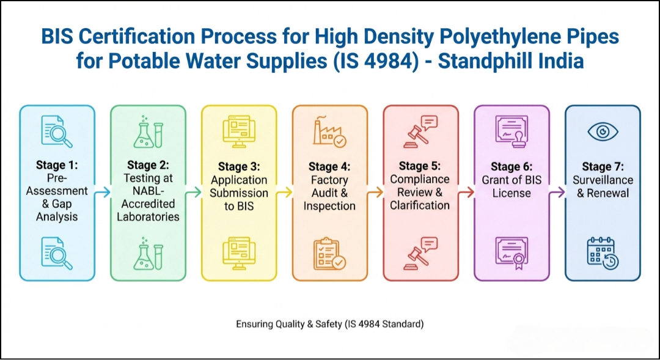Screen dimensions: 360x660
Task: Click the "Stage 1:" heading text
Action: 57,166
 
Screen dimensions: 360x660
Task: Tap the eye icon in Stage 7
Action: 603,131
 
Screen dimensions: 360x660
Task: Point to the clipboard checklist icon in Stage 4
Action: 329,254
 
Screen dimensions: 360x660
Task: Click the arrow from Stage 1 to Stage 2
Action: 103,193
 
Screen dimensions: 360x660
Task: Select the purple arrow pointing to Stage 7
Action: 557,193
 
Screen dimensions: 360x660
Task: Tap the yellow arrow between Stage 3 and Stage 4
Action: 284,193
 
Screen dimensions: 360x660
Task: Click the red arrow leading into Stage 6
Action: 466,193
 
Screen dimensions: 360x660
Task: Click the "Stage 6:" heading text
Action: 512,166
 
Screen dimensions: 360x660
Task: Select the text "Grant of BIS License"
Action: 512,186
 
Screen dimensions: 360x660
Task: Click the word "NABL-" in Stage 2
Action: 148,191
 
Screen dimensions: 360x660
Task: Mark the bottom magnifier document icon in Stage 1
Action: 57,254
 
